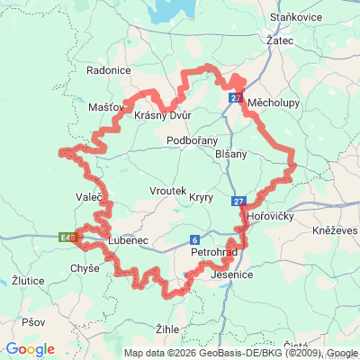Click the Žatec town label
click(x=280, y=40)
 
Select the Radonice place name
click(x=109, y=69)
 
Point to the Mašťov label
click(x=107, y=107)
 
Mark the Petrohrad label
click(x=214, y=253)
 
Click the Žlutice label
click(x=29, y=281)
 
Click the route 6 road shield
click(x=193, y=239)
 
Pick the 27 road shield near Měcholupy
click(x=236, y=97)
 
